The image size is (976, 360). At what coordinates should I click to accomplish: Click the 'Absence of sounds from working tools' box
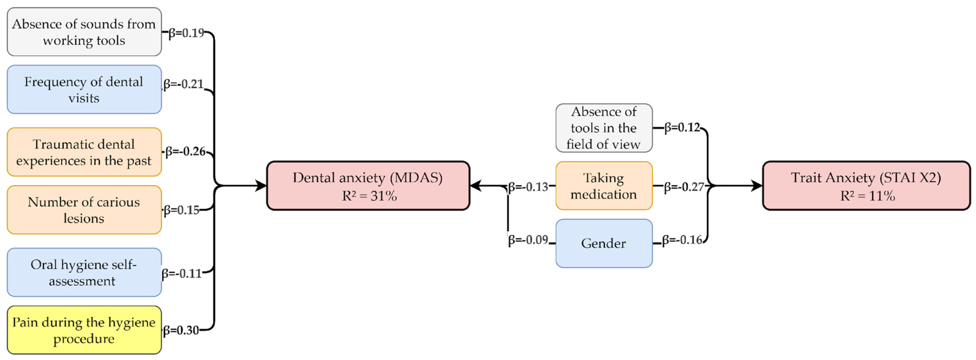[x=84, y=32]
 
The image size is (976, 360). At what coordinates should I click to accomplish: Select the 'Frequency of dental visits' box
[x=84, y=90]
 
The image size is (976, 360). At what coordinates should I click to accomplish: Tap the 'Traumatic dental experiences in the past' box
[x=84, y=152]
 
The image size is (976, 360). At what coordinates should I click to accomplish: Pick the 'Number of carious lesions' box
[x=84, y=210]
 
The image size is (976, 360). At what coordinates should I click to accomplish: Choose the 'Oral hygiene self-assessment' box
[x=84, y=273]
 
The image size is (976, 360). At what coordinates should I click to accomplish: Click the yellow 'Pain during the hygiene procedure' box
[x=84, y=330]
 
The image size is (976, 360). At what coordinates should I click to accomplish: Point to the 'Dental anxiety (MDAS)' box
[x=368, y=186]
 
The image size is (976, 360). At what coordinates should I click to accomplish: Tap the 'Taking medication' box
[x=604, y=186]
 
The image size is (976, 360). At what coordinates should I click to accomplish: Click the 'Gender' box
[x=604, y=243]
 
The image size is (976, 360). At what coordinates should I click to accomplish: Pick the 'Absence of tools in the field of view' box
[x=604, y=128]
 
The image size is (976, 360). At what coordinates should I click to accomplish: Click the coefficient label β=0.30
[x=181, y=330]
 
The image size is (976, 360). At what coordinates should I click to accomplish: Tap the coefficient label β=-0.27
[x=684, y=187]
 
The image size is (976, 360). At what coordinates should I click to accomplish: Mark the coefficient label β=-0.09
[x=528, y=240]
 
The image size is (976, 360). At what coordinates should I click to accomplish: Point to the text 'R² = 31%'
[x=369, y=196]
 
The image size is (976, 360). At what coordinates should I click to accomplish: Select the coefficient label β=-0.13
[x=528, y=187]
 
